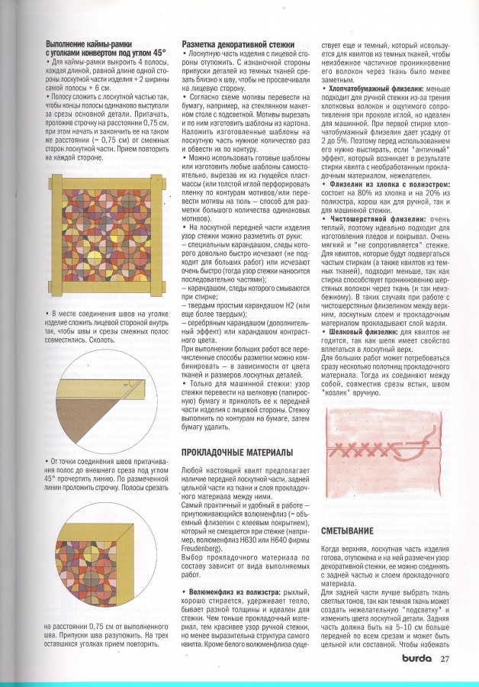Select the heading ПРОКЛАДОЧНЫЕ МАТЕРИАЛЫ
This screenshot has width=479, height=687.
(x=236, y=452)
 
